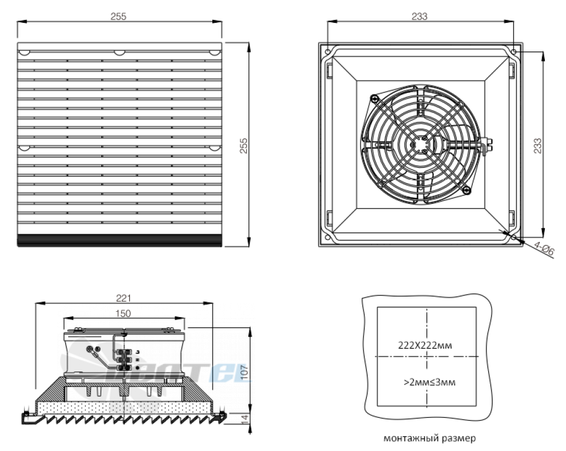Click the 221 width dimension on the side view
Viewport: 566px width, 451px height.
coord(124,298)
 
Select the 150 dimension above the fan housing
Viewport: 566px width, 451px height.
coord(123,314)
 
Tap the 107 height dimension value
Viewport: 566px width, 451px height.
coord(244,373)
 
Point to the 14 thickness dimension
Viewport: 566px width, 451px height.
coord(244,419)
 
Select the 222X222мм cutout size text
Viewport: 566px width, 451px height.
coord(425,345)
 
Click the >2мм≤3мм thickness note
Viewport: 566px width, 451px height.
coord(429,382)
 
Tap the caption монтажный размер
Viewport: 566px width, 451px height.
coord(430,438)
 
